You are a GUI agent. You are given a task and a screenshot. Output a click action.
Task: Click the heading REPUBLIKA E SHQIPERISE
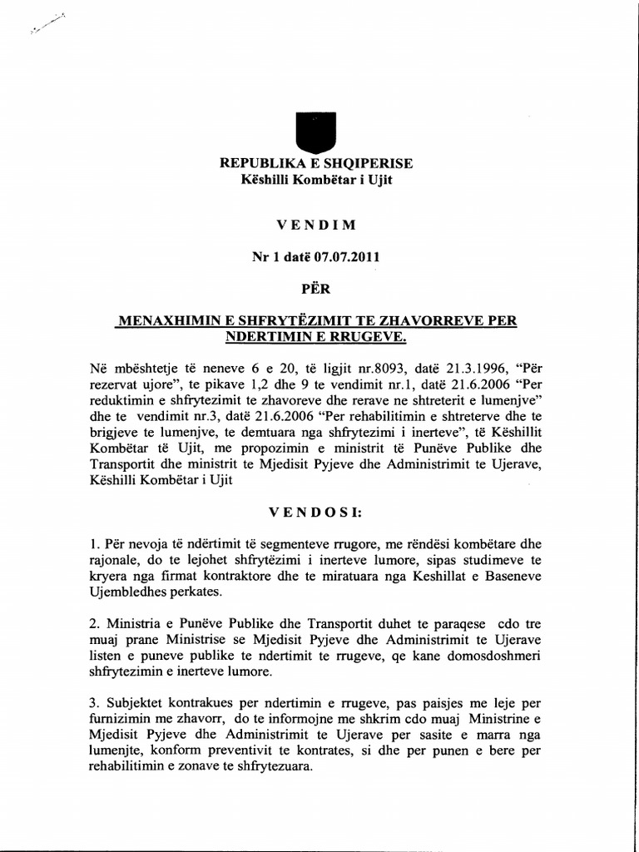pyautogui.click(x=315, y=162)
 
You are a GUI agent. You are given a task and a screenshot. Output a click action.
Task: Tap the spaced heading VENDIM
pyautogui.click(x=315, y=224)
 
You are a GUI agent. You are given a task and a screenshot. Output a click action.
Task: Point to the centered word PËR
pyautogui.click(x=315, y=290)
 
